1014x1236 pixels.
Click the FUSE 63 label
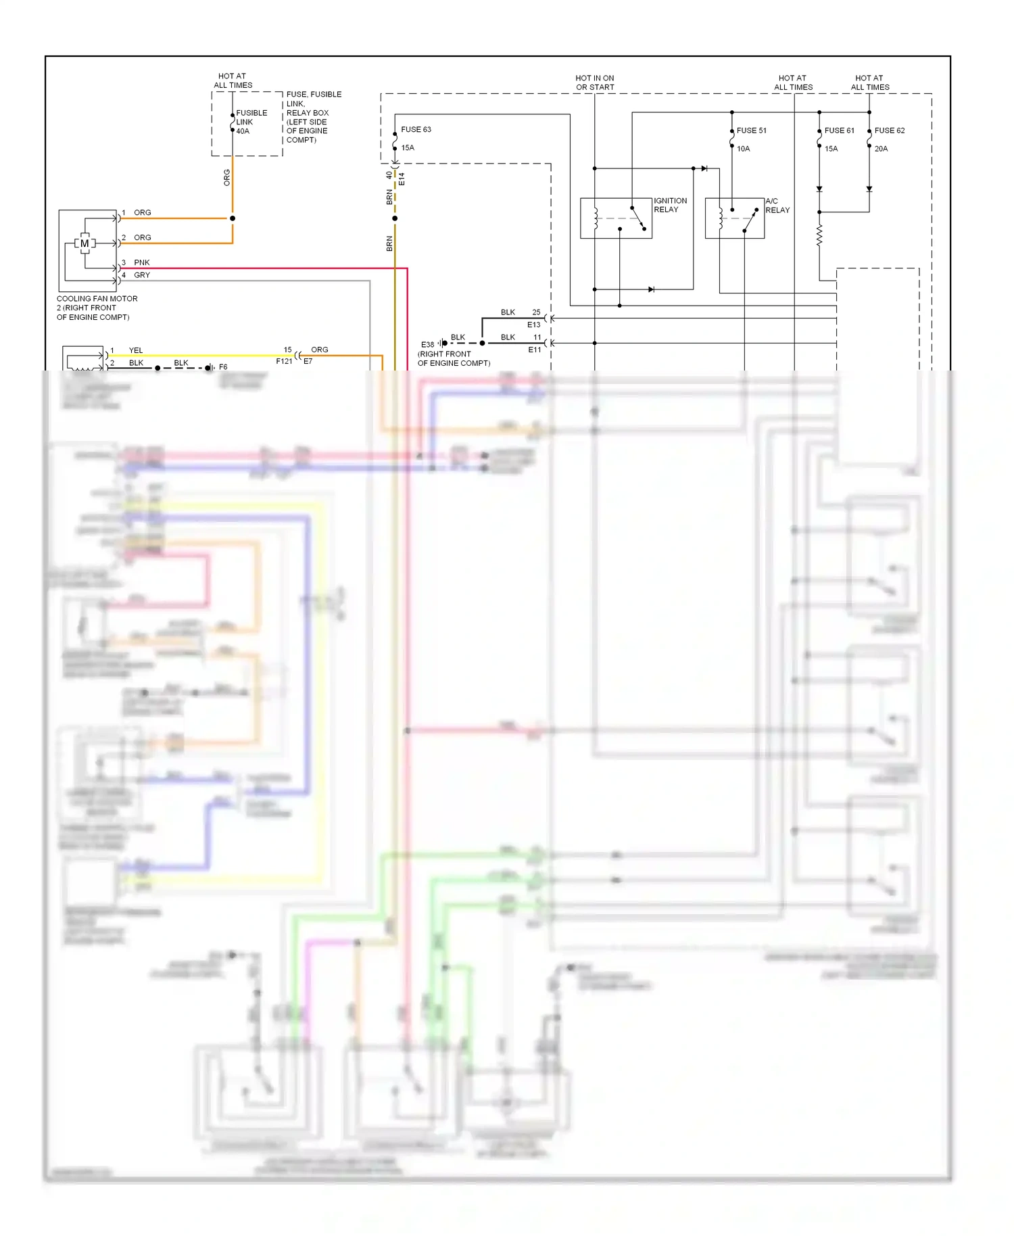click(x=416, y=130)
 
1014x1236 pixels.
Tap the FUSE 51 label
click(x=751, y=130)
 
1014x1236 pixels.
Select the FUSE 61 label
click(x=839, y=130)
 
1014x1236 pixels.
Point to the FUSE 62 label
click(x=889, y=130)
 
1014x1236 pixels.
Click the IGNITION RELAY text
click(x=670, y=206)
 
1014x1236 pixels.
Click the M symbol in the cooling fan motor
click(x=84, y=243)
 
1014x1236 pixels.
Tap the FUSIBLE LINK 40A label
click(x=251, y=122)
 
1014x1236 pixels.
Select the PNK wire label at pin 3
click(x=141, y=262)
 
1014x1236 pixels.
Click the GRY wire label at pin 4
click(x=141, y=275)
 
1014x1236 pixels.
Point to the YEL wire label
click(x=136, y=350)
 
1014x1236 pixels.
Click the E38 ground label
click(x=427, y=345)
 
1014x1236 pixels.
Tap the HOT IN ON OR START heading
click(x=595, y=82)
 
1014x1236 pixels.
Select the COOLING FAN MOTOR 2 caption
click(x=97, y=308)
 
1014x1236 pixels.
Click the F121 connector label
click(x=284, y=361)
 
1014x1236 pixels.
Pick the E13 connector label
click(x=533, y=325)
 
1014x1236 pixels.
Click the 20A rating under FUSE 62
click(x=881, y=149)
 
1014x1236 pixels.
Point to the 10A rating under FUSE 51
click(x=743, y=149)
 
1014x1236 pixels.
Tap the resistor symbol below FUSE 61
click(x=819, y=235)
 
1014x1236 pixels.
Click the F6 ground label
click(x=223, y=367)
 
